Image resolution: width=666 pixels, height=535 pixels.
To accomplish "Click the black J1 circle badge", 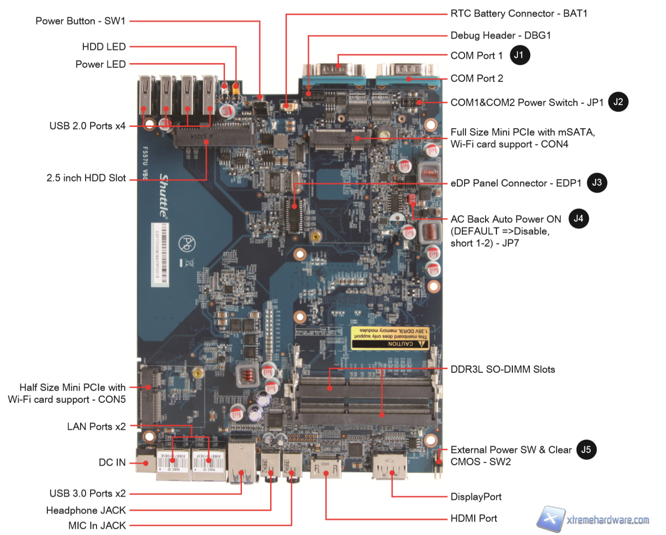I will coord(519,55).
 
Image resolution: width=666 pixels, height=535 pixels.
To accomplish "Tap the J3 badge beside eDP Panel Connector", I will coord(597,183).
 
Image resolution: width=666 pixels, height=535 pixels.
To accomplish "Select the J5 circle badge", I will coord(586,450).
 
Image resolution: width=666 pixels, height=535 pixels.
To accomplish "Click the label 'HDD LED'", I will coord(104,47).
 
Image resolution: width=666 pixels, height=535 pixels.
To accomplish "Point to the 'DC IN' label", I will coord(112,463).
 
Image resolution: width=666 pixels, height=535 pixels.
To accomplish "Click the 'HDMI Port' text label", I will coord(474,518).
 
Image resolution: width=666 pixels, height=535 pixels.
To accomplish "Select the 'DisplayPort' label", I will coord(476,497).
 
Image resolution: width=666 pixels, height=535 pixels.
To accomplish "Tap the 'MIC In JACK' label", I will coord(97,525).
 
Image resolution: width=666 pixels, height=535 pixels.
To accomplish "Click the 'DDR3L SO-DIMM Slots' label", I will coord(503,369).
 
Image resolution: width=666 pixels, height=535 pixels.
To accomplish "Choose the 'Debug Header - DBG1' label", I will coord(501,36).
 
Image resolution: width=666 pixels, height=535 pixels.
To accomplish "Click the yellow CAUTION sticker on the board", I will coord(390,337).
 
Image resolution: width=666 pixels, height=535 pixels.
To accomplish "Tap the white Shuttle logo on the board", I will coord(164,195).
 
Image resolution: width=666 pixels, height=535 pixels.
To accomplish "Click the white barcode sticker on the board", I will coord(160,255).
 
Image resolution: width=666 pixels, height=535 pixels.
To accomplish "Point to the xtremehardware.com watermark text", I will coord(608,520).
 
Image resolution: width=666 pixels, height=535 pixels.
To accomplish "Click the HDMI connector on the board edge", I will coord(326,466).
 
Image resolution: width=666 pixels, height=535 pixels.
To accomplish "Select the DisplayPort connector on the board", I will coord(390,465).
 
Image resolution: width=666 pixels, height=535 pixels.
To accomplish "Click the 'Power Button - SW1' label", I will coord(80,21).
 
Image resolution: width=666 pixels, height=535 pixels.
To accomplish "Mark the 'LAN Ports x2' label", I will coord(96,427).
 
